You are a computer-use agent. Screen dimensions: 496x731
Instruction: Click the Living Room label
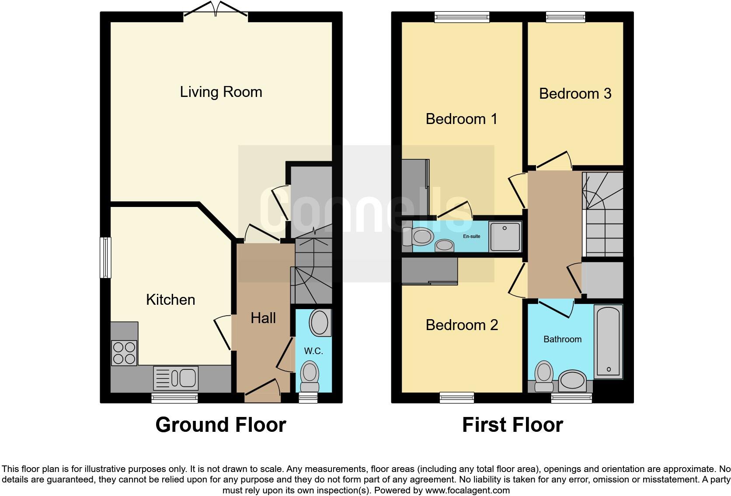click(221, 92)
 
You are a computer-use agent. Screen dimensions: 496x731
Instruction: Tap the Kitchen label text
click(170, 300)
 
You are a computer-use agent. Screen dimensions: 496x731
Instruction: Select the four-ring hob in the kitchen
click(124, 353)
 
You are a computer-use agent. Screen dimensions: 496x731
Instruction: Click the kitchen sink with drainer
click(176, 378)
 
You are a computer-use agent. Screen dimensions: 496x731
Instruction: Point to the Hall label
click(263, 318)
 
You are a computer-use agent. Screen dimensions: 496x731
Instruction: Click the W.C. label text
click(313, 351)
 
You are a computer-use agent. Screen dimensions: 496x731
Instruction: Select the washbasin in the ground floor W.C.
click(320, 323)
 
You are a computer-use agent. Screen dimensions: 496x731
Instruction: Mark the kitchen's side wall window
click(105, 258)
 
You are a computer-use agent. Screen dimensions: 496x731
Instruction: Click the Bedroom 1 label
click(462, 119)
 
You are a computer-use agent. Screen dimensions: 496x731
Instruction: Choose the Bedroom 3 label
click(575, 93)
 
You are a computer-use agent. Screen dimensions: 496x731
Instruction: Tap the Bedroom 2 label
click(462, 325)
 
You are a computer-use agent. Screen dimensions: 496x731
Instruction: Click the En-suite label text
click(472, 236)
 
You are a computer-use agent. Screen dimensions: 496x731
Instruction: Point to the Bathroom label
click(562, 339)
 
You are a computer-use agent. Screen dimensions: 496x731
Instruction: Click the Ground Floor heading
click(221, 425)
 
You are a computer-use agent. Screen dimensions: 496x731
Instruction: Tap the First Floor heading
click(512, 425)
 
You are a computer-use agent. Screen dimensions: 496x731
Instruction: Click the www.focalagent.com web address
click(467, 490)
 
